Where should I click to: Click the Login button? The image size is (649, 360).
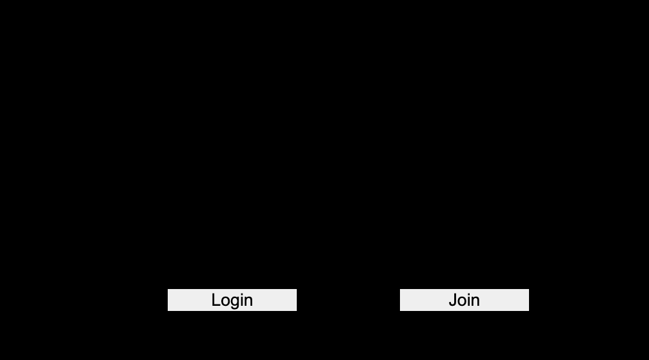[x=232, y=300]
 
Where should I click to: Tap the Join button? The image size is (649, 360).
[x=464, y=300]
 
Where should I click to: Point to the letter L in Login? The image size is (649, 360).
[x=216, y=300]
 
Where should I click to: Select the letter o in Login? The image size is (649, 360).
[x=226, y=302]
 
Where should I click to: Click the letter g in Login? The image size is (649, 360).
[x=236, y=303]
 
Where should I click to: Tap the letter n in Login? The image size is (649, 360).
[x=249, y=302]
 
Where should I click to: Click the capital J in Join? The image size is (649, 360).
[x=453, y=300]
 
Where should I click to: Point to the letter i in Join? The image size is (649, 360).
[x=470, y=300]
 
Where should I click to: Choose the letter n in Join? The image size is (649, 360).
[x=476, y=302]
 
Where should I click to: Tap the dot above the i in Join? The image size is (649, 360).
[x=470, y=294]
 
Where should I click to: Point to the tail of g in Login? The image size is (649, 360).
[x=235, y=309]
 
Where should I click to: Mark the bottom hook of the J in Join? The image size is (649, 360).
[x=452, y=305]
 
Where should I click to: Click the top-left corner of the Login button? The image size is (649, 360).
[x=168, y=289]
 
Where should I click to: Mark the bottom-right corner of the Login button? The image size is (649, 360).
[x=296, y=310]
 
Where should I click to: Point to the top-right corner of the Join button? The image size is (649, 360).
[x=528, y=289]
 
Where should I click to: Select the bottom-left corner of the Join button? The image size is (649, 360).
[x=400, y=310]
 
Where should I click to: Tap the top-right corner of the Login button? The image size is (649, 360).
[x=296, y=289]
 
